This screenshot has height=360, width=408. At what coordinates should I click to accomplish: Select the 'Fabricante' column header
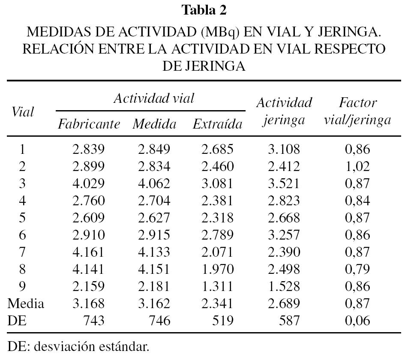(x=89, y=125)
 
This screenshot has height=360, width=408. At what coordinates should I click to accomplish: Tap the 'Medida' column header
(x=154, y=125)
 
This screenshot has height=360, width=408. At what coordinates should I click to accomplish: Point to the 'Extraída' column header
(x=217, y=125)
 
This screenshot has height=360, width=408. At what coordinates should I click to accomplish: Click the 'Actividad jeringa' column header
(x=283, y=111)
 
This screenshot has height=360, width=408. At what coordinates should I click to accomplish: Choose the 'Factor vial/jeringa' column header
(x=357, y=111)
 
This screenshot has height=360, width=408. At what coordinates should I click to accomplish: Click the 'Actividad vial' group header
(x=154, y=99)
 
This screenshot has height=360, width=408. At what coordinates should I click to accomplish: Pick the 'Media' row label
(x=26, y=304)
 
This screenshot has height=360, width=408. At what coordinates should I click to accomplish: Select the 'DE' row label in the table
(x=17, y=320)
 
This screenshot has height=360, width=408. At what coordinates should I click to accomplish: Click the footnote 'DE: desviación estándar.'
(x=79, y=346)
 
